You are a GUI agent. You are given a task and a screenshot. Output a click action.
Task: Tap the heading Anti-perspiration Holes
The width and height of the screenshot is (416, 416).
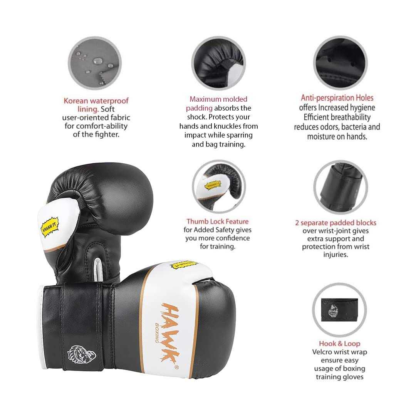[337, 98]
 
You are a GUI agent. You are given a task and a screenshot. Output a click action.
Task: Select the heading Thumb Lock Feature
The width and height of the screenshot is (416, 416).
[218, 221]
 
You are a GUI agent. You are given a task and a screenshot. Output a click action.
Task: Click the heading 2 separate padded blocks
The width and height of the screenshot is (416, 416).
[335, 223]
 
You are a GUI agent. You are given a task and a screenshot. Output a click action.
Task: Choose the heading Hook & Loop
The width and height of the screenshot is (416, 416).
[339, 344]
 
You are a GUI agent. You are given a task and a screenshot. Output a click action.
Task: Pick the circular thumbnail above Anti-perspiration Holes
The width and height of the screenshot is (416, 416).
[340, 63]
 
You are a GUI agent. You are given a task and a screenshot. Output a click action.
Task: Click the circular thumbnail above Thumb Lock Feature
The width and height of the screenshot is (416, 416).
[219, 187]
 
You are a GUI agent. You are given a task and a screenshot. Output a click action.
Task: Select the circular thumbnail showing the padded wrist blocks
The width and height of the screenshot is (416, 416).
[340, 187]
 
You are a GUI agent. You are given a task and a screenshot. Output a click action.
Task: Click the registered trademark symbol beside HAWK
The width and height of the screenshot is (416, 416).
[176, 367]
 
